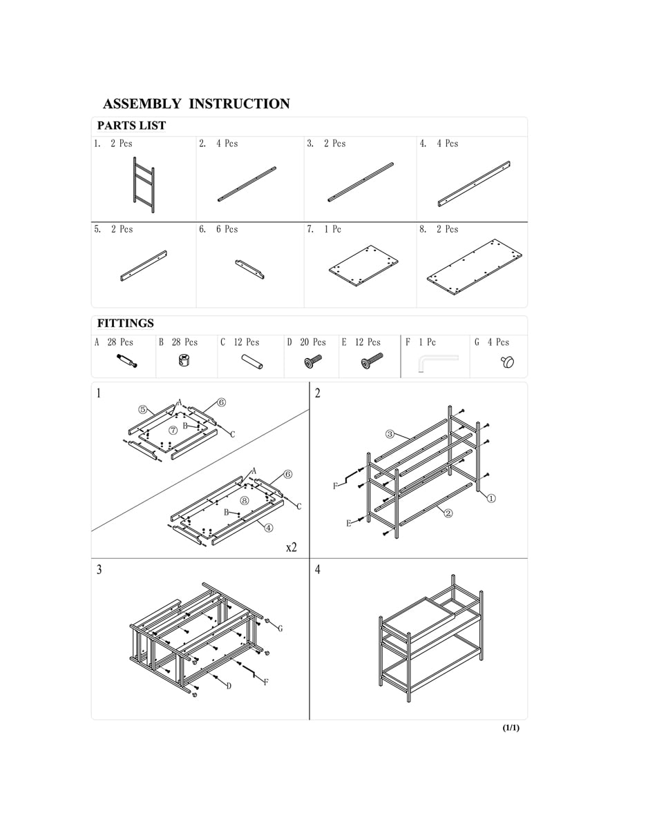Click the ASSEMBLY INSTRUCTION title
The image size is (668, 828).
pos(196,104)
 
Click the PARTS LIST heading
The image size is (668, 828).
pos(131,126)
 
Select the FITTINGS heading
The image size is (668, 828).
pos(125,324)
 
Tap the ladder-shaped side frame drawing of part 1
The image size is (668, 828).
pos(144,184)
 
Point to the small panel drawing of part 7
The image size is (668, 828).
pos(363,266)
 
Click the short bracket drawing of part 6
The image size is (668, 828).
pos(249,269)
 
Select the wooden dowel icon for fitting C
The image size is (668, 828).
pos(251,362)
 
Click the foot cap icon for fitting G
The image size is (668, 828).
pos(508,361)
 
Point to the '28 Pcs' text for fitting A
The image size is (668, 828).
pos(120,342)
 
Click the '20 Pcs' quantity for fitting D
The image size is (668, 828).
pos(312,342)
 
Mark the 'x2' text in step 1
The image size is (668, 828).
pos(292,547)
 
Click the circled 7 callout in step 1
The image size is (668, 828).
pos(173,430)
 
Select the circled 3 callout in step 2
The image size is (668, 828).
pos(390,434)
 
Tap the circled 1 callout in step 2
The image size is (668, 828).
pos(491,498)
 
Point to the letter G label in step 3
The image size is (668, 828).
pos(280,629)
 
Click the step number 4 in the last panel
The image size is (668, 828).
pos(318,570)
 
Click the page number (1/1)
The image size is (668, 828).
pos(510,728)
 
